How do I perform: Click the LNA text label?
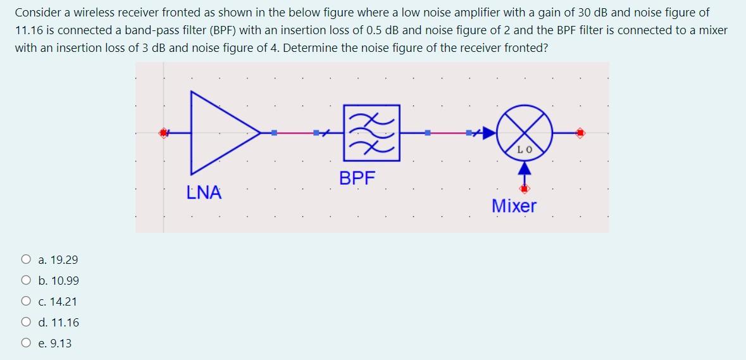(x=204, y=192)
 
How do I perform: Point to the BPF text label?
(x=357, y=178)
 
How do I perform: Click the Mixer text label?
(x=514, y=206)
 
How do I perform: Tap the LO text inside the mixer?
(x=525, y=150)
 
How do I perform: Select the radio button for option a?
(x=26, y=259)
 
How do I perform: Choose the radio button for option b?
(x=26, y=280)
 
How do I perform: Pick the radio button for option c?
(x=26, y=302)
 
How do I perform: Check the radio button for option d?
(x=26, y=323)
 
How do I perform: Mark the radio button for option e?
(x=26, y=344)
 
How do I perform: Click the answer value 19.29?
(x=66, y=259)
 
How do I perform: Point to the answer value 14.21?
(x=66, y=302)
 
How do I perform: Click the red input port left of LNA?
(x=165, y=133)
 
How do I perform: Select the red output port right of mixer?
(x=580, y=133)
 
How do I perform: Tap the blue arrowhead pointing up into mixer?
(x=524, y=169)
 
